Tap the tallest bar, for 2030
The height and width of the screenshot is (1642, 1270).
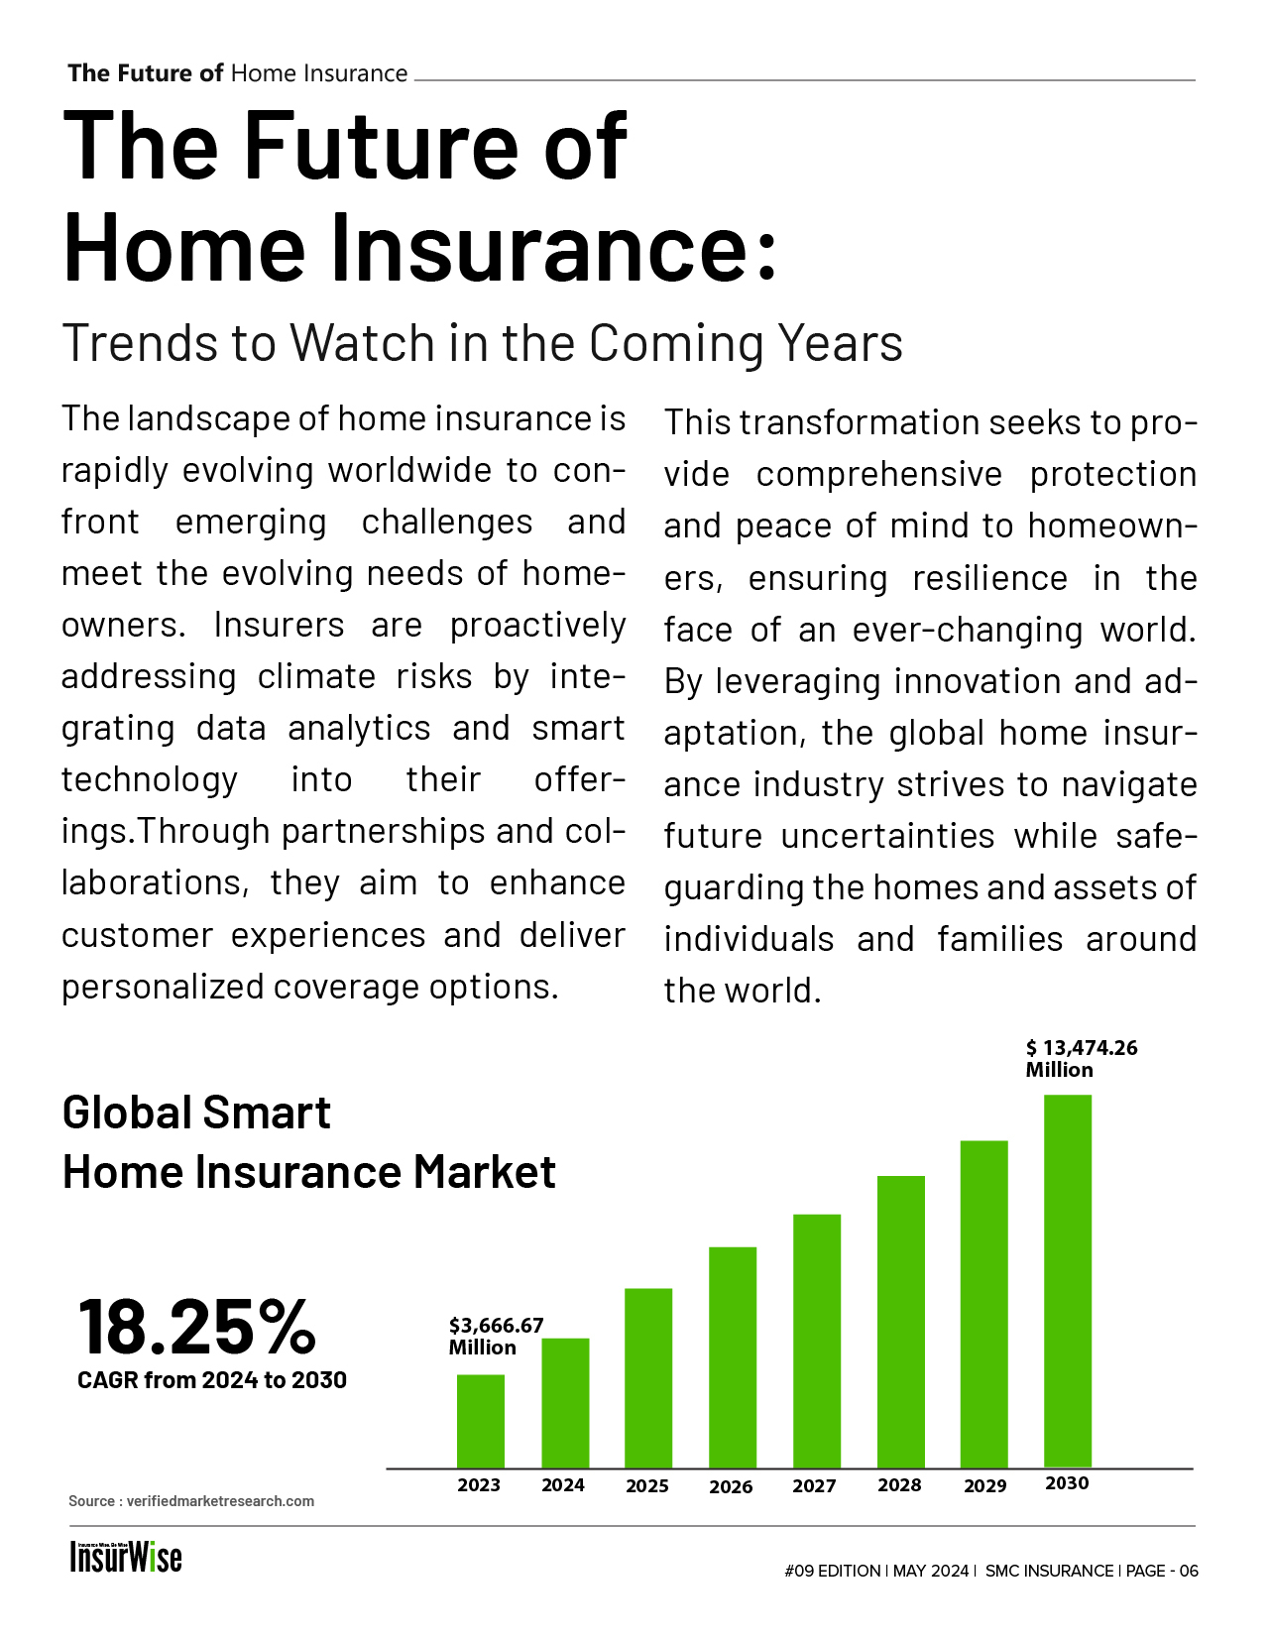point(1067,1281)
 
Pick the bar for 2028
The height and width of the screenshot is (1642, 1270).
point(900,1322)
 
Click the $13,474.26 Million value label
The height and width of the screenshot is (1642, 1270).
point(1081,1058)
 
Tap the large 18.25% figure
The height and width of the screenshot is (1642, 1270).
point(196,1327)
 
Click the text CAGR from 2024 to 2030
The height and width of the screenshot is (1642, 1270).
point(211,1380)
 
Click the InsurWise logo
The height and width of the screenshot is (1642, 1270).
point(126,1557)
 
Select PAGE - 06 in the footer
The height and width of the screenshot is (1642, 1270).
point(1161,1571)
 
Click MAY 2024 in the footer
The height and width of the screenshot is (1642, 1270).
point(930,1571)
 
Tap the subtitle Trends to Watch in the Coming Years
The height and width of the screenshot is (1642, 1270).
point(482,343)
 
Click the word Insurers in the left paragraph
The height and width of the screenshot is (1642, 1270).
point(279,625)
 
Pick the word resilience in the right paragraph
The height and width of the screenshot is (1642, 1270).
point(989,579)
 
